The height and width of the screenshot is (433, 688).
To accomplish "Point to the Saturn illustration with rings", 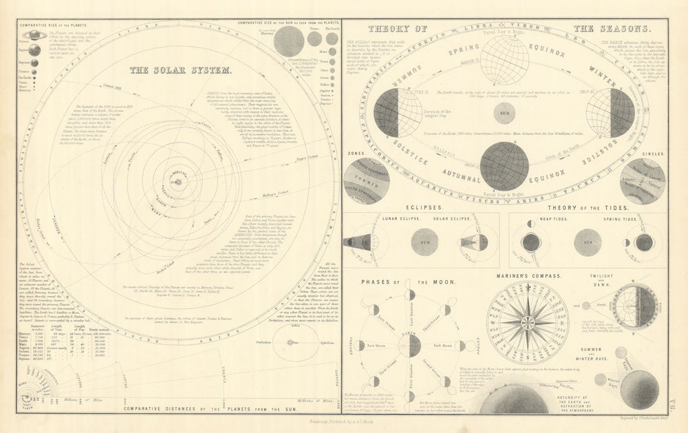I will pos(34,35).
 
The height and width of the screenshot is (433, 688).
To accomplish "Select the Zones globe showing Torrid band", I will pos(366,180).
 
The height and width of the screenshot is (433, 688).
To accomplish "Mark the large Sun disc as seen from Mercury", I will pos(288,41).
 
